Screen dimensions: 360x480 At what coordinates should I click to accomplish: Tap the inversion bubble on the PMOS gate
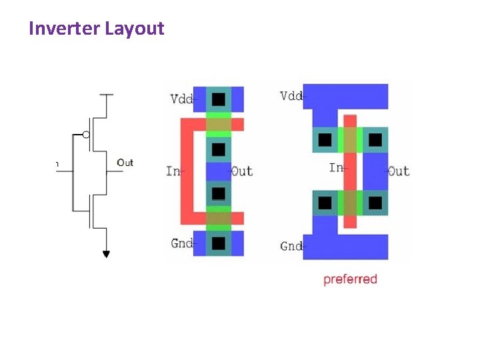coord(86,135)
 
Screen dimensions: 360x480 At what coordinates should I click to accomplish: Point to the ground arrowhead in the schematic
coord(105,253)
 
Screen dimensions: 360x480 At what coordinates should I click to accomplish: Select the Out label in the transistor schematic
coord(125,163)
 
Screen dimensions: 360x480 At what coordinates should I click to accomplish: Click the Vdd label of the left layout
coord(181,99)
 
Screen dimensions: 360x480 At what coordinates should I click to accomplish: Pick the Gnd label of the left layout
coord(181,243)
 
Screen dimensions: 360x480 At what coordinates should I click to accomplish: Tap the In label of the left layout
coord(172,171)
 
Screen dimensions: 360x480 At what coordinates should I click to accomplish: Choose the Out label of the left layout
coord(241,171)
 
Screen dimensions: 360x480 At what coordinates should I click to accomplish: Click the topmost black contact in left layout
coord(218,99)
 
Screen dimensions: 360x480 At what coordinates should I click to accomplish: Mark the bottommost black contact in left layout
coord(218,243)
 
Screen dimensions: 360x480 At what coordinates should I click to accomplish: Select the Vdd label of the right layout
coord(291,95)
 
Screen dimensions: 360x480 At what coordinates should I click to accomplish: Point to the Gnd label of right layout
coord(291,247)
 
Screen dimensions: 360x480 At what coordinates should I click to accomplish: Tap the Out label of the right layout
coord(399,171)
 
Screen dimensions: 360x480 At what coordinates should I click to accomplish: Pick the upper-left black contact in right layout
coord(325,140)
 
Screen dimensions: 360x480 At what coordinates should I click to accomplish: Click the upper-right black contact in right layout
coord(375,140)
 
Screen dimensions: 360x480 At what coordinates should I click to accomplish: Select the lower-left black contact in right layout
coord(325,203)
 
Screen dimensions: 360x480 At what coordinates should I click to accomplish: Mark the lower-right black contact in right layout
coord(375,203)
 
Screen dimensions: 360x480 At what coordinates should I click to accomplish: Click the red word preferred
coord(350,279)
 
